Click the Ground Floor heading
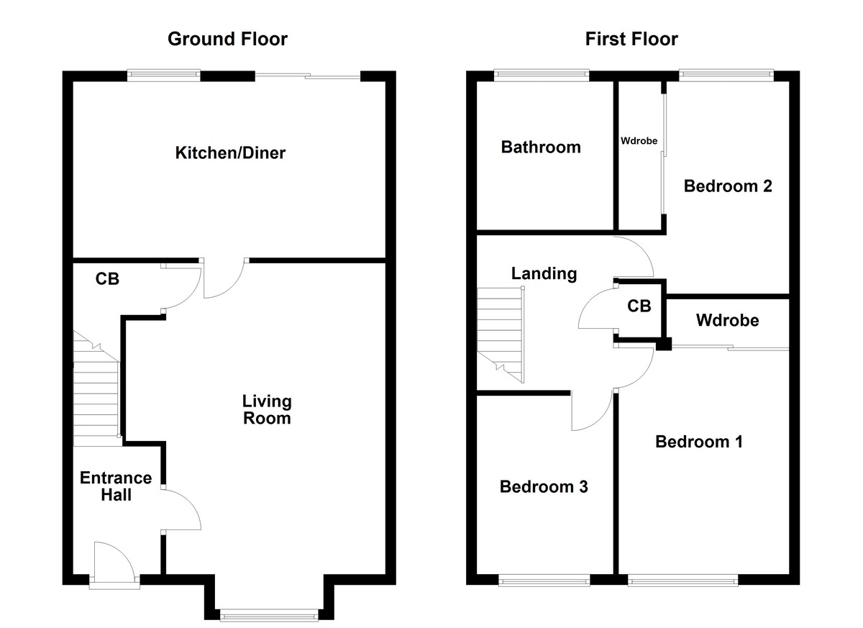point(227,39)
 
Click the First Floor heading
point(631,39)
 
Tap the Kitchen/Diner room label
point(230,153)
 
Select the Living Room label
point(266,409)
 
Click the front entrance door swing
point(114,560)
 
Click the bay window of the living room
point(268,614)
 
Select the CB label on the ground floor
point(107,279)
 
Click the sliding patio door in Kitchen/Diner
point(308,76)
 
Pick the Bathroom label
point(541,147)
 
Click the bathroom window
point(541,74)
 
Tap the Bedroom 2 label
point(728,186)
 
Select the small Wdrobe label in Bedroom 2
point(639,141)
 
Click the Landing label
point(544,273)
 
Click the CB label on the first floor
point(639,306)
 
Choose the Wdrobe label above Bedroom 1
point(727,320)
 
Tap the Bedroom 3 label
point(544,487)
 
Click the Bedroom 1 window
point(682,579)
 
